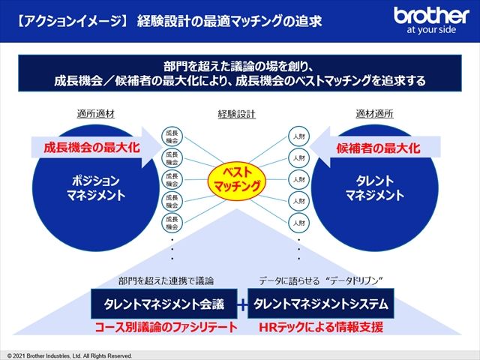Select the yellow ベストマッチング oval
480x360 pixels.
pos(237,178)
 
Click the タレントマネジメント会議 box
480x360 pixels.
pos(165,304)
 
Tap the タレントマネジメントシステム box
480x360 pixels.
pos(320,304)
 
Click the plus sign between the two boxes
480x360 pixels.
pos(243,304)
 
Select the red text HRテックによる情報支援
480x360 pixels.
pos(320,328)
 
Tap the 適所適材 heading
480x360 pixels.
pos(95,115)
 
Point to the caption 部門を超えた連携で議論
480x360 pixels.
pos(166,281)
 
